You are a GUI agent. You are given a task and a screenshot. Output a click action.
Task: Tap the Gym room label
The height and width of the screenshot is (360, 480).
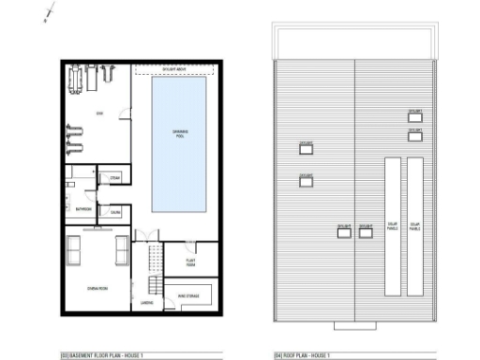[x=98, y=114]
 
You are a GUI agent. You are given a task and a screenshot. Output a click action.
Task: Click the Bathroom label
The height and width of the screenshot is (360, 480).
[x=83, y=208]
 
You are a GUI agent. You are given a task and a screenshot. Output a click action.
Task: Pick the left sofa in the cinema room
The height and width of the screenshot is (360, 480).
[x=73, y=248]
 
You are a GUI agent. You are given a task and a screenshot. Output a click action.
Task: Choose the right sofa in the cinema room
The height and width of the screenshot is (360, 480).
[x=121, y=250]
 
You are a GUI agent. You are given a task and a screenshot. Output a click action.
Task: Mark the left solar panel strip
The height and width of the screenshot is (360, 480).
[x=392, y=226]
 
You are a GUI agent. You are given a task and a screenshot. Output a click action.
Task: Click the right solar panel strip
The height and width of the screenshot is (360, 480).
[x=414, y=226]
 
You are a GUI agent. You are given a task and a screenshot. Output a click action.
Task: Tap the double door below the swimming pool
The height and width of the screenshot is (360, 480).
[x=142, y=234]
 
